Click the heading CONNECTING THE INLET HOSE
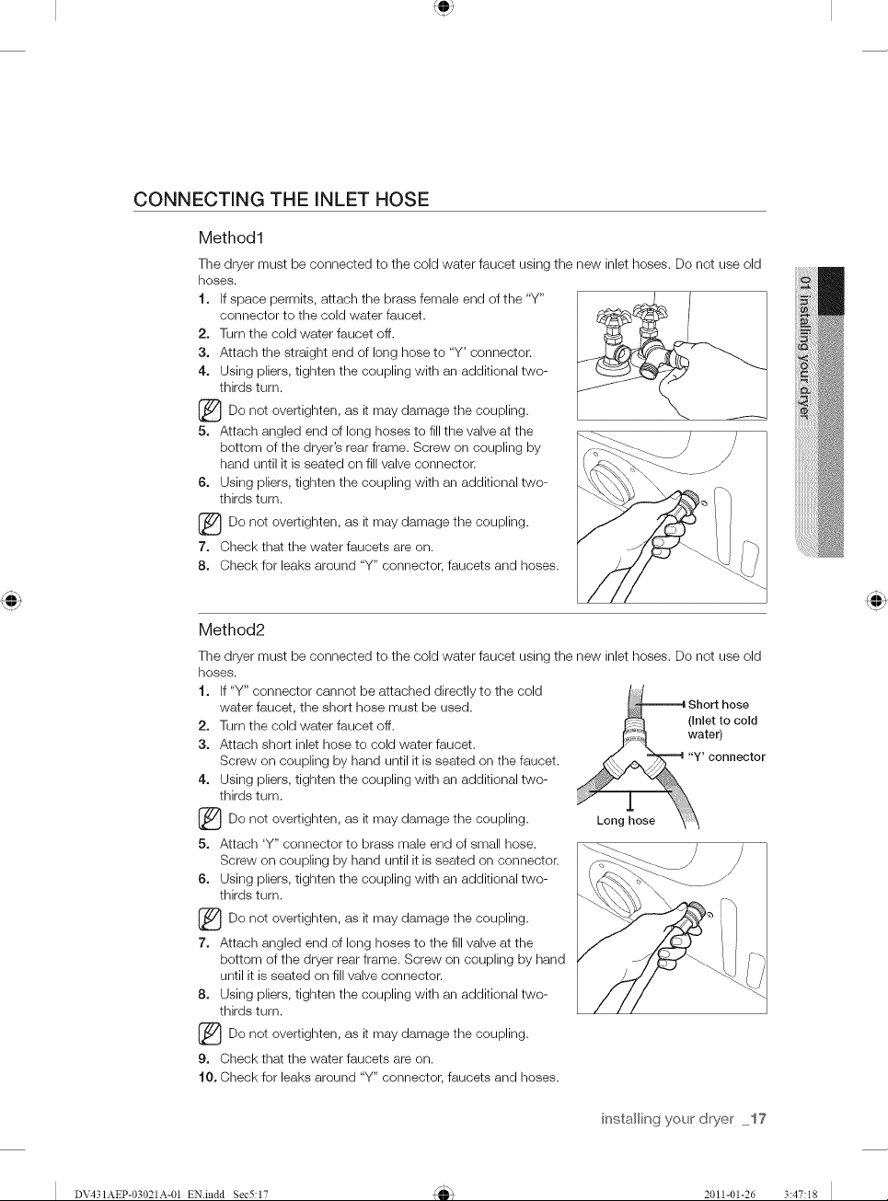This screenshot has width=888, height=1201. [281, 200]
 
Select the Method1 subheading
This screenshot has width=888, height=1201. [231, 237]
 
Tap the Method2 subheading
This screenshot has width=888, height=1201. [232, 629]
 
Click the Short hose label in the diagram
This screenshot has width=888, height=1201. [718, 704]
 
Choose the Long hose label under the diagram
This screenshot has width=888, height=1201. [626, 820]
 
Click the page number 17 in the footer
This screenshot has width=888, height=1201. [759, 1118]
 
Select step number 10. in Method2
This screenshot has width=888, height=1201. [208, 1077]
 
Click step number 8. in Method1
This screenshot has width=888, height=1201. [203, 566]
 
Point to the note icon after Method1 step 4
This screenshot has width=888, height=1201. [210, 411]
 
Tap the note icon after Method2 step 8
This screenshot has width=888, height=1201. [210, 1034]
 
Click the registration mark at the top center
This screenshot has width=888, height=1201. [444, 7]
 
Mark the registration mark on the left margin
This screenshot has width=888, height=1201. [11, 600]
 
